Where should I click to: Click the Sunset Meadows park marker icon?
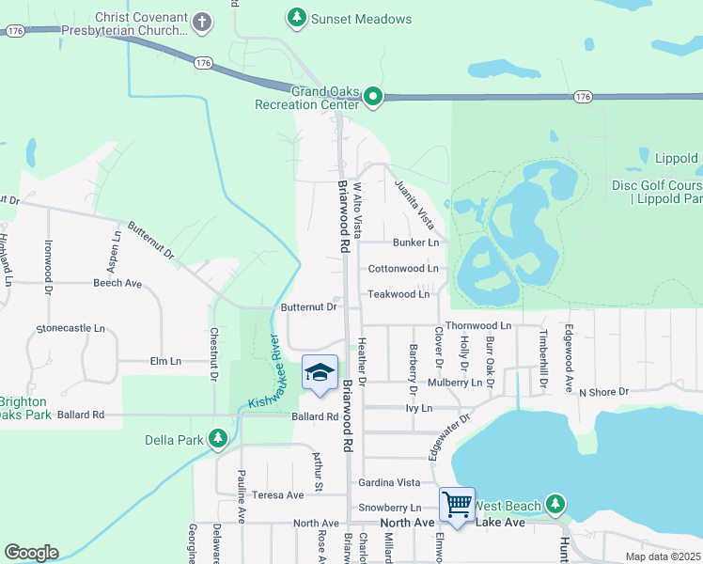pos(297,18)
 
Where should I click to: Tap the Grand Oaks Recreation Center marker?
pos(373,96)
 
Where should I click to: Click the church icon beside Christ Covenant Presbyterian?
pos(200,21)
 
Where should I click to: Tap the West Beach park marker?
pos(555,506)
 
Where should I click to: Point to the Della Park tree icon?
pos(218,438)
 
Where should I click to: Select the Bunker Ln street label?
pos(415,243)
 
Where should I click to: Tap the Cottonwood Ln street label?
pos(403,268)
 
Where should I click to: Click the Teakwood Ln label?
pos(398,294)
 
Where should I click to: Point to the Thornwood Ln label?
pos(477,325)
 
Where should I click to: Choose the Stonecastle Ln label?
pos(70,328)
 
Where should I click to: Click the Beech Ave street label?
pos(117,282)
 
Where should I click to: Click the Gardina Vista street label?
pos(388,482)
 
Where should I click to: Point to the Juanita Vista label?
pos(414,204)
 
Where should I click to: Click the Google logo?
pos(31,553)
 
